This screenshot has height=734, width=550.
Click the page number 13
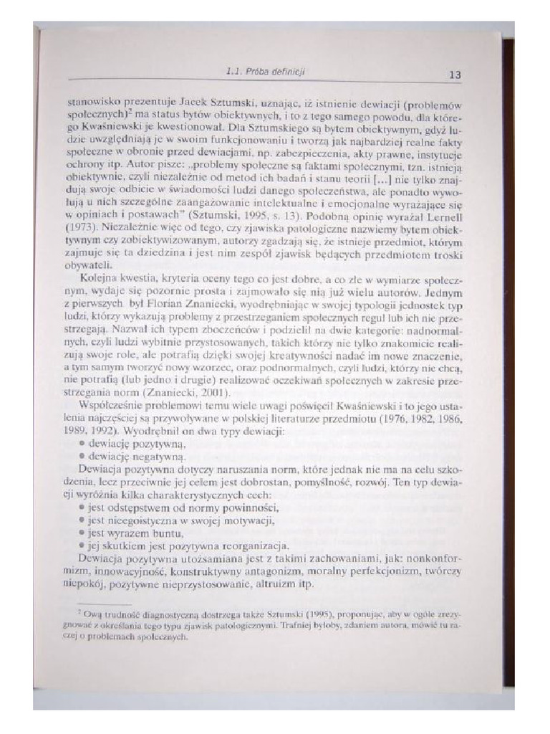[455, 74]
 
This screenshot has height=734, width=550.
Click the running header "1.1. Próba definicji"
[266, 72]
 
